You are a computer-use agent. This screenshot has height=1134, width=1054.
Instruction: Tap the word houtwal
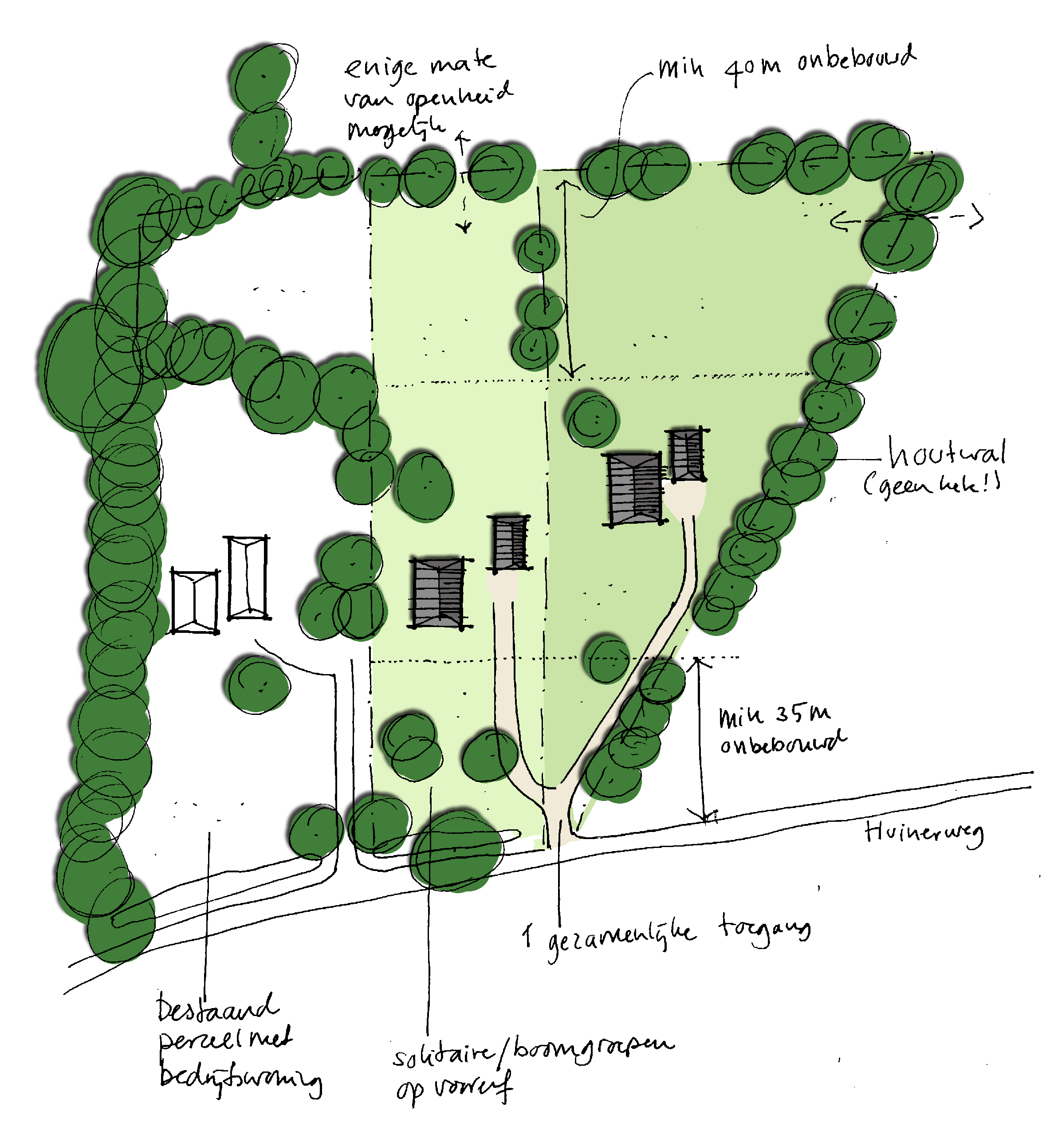point(947,453)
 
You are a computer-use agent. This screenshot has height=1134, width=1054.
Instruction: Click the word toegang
point(765,929)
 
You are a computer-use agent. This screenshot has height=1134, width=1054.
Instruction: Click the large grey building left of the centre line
point(438,593)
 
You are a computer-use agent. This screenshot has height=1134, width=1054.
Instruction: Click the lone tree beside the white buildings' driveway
point(257,684)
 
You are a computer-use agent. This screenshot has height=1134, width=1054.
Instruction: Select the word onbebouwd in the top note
point(856,58)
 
